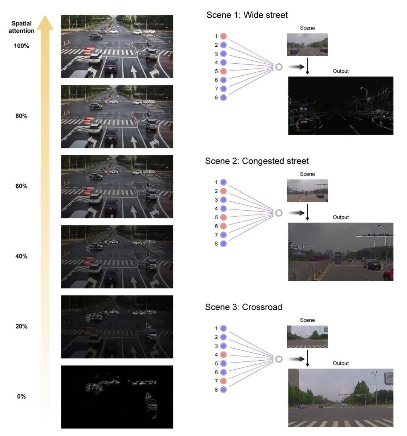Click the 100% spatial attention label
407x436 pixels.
coord(21,46)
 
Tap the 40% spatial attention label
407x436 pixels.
coord(21,256)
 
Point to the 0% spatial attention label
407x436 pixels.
coord(21,396)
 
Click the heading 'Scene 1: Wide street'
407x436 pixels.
coord(247,15)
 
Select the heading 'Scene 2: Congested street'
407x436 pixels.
coord(257,161)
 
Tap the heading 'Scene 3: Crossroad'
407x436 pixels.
coord(243,307)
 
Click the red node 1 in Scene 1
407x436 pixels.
coord(223,36)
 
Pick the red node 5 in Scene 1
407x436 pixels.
coord(223,71)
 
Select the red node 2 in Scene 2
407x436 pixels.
coord(223,191)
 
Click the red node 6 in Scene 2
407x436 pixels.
coord(223,226)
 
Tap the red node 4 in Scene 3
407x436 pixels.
coord(223,355)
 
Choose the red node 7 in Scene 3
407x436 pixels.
coord(223,381)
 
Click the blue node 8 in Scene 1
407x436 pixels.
coord(223,98)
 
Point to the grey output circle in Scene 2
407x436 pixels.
coord(279,213)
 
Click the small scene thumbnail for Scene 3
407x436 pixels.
coord(307,337)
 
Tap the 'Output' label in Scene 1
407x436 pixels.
coord(341,71)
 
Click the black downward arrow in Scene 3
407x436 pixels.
coord(307,358)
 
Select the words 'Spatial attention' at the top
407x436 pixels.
coord(21,27)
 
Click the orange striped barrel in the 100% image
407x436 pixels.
coord(89,50)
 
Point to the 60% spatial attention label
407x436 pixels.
coord(21,186)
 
